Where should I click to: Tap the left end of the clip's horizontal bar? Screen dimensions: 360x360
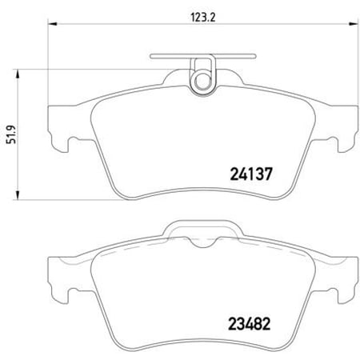(x=151, y=57)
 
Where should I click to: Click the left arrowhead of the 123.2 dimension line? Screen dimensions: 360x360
(x=50, y=25)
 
